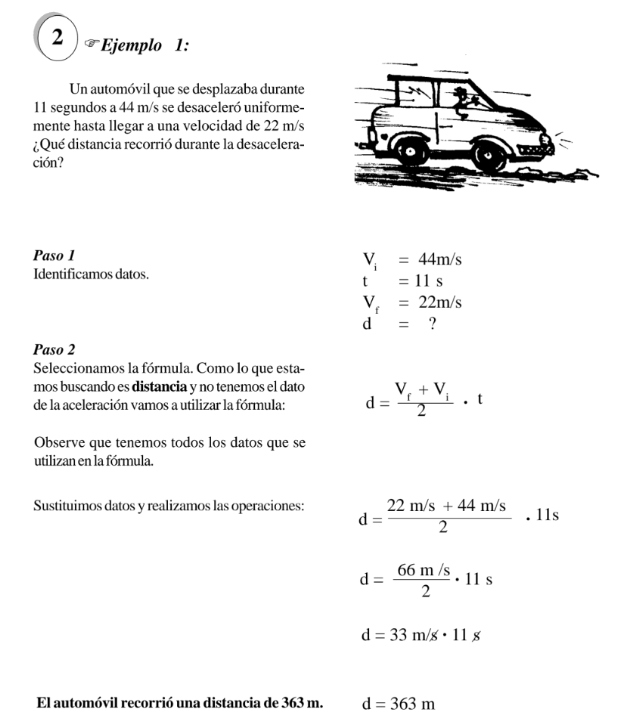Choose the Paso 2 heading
click(x=54, y=351)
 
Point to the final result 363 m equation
click(x=399, y=705)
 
